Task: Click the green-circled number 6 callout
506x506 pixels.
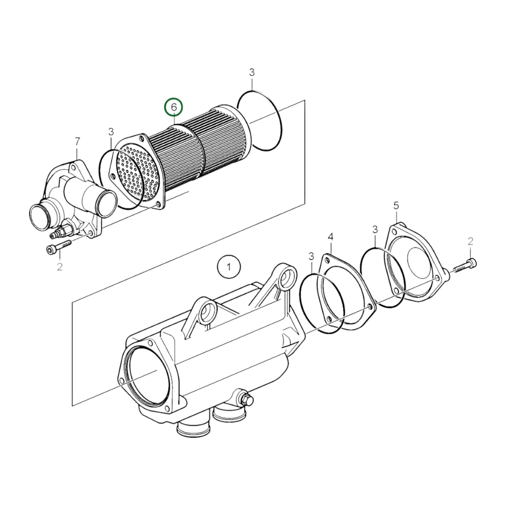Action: tap(173, 107)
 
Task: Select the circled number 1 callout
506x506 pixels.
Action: tap(229, 267)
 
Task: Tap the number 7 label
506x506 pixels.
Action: tap(77, 141)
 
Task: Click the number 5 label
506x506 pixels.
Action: tap(396, 206)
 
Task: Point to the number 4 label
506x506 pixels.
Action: tap(330, 237)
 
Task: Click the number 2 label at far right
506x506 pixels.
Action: tap(470, 242)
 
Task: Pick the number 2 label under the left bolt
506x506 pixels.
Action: tap(60, 267)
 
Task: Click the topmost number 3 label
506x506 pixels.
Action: tap(252, 73)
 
